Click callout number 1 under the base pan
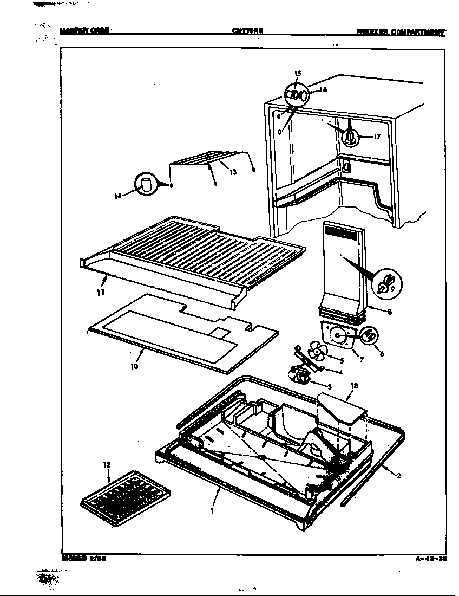tap(212, 510)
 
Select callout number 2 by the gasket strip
tap(398, 476)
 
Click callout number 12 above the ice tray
tap(106, 464)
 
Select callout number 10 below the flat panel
tap(134, 366)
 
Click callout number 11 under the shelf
tap(101, 293)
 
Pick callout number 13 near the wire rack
tap(233, 172)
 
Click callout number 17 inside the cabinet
tap(377, 137)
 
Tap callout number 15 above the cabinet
tap(297, 73)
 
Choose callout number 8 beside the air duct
tap(389, 312)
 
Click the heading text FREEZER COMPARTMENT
tap(400, 32)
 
